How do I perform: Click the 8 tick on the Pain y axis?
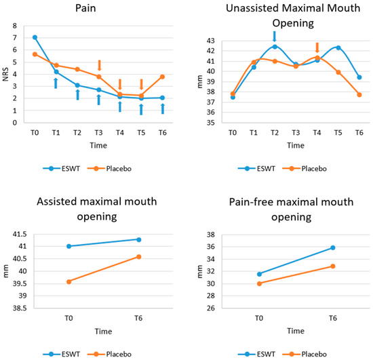(16, 25)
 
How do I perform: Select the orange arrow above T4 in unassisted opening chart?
(317, 48)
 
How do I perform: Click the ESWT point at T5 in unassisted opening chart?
(338, 47)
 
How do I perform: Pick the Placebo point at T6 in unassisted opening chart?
(359, 94)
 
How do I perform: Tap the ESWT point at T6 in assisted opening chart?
(139, 239)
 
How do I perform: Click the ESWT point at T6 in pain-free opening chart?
(332, 247)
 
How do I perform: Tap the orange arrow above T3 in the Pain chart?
(99, 65)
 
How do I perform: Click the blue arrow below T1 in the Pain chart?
(56, 83)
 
